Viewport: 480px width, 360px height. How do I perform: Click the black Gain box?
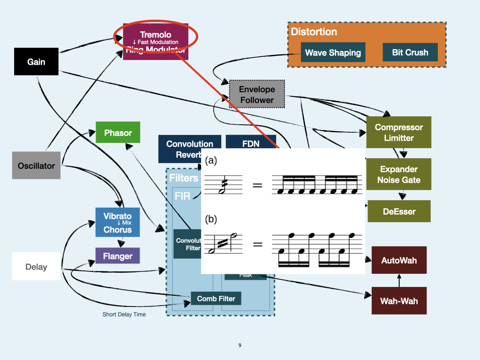click(x=36, y=61)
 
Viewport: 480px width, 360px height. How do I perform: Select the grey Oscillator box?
click(x=36, y=165)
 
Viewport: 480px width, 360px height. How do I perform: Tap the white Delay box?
click(x=36, y=266)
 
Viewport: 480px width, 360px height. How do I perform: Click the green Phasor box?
click(x=118, y=133)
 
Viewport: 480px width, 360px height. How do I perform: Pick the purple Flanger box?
click(x=118, y=256)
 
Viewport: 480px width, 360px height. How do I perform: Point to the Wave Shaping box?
click(x=333, y=52)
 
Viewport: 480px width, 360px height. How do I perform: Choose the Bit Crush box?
click(x=410, y=52)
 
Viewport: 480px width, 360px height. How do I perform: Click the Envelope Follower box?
click(x=257, y=94)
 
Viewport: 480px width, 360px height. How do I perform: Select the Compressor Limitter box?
click(x=399, y=132)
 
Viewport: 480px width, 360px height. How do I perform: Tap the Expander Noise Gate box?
click(x=399, y=174)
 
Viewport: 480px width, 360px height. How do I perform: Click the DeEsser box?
click(x=399, y=211)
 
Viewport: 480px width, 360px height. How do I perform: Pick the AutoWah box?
click(x=399, y=260)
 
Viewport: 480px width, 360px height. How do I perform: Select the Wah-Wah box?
click(x=399, y=300)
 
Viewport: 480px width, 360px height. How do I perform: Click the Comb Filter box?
click(x=216, y=298)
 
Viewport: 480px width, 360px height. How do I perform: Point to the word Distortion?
click(x=314, y=32)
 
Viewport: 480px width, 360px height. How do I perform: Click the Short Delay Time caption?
click(x=124, y=314)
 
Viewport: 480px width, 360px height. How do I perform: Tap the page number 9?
click(x=240, y=345)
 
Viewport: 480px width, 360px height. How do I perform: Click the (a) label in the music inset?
click(x=211, y=160)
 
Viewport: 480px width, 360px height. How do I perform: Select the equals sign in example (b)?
click(x=257, y=244)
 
